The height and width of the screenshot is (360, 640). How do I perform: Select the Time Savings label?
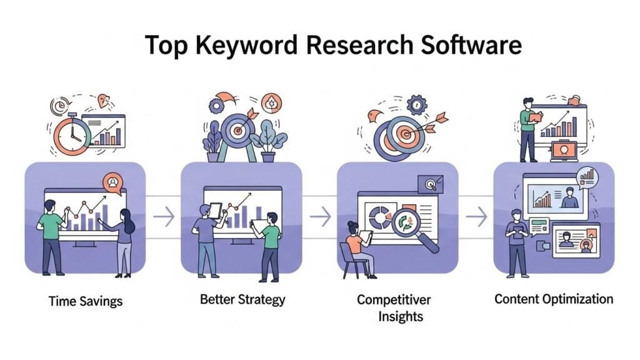click(86, 301)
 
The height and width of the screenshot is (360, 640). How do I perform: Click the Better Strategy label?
click(242, 299)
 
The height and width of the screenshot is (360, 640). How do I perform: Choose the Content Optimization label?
click(554, 299)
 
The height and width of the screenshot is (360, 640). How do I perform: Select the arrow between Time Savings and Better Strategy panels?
click(163, 217)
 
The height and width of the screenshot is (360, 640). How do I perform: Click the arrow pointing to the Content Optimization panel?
click(476, 217)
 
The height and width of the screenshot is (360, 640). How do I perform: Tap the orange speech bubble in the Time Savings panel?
click(113, 182)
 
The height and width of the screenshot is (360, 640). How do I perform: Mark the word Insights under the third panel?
click(401, 316)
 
